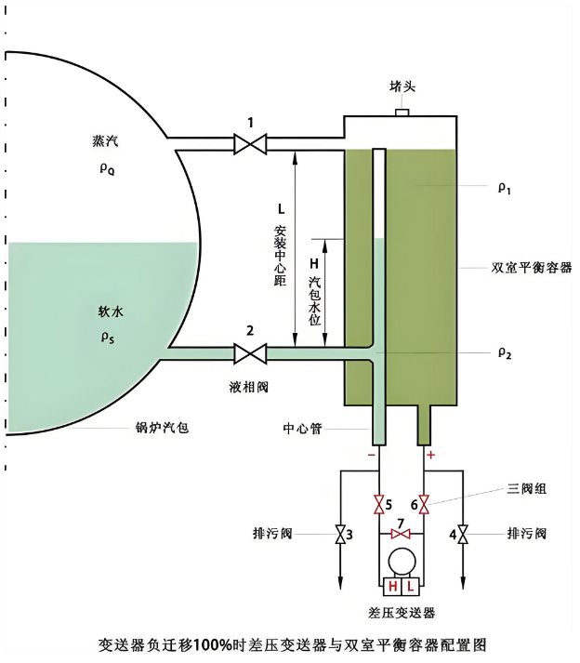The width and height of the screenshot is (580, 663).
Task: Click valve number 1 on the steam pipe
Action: (x=249, y=143)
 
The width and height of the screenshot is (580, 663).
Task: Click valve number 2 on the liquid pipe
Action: (x=249, y=352)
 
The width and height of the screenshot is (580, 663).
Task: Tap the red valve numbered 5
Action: (x=379, y=505)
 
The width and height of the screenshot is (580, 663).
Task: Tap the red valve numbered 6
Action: (x=424, y=505)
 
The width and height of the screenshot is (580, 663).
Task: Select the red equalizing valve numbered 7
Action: (x=401, y=535)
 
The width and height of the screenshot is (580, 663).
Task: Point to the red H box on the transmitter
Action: (x=392, y=587)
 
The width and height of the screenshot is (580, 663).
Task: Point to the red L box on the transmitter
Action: (x=410, y=587)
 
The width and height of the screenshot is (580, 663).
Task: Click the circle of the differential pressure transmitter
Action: (x=402, y=563)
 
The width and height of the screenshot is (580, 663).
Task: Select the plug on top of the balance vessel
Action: (x=402, y=112)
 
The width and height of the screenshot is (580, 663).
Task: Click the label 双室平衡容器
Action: (x=531, y=267)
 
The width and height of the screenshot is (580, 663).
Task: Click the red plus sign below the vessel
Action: (x=429, y=456)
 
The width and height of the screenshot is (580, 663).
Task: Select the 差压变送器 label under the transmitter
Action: (x=402, y=613)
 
